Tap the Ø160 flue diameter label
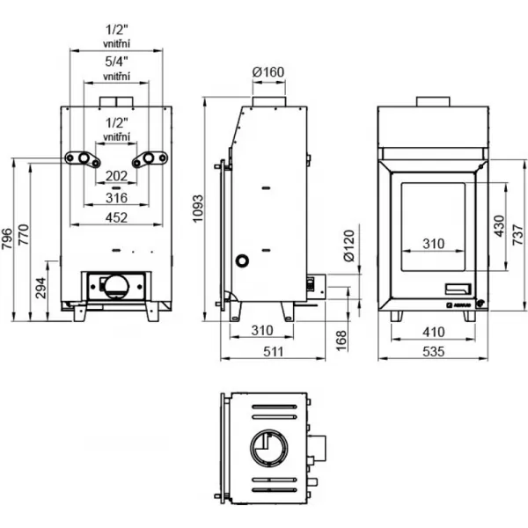268,70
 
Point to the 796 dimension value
8,240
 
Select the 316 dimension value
116,197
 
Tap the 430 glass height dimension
498,226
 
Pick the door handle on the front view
458,288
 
